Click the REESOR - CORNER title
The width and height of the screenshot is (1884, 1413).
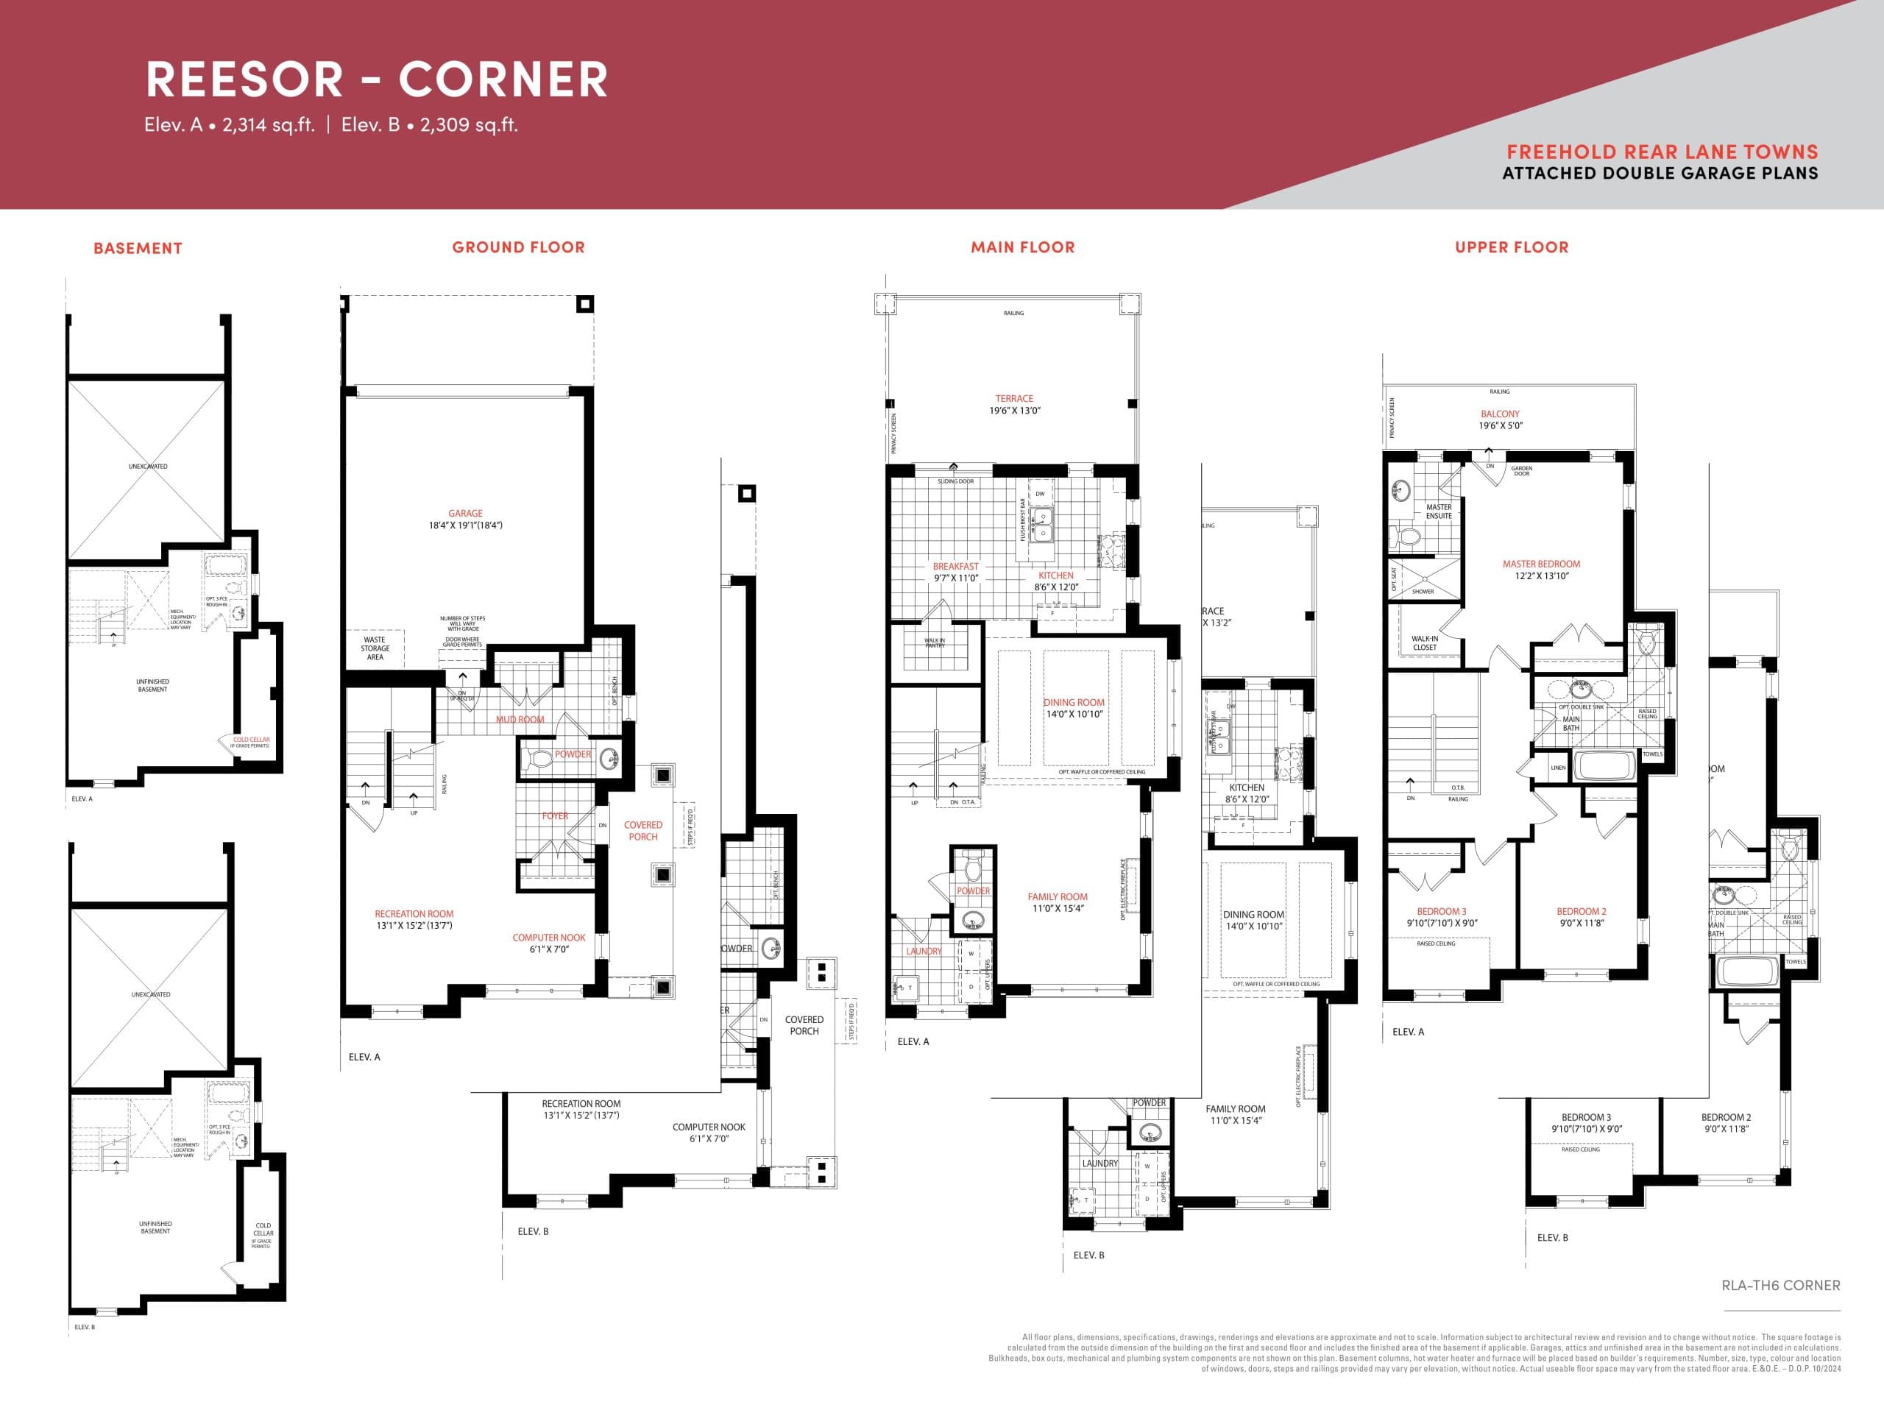tap(377, 79)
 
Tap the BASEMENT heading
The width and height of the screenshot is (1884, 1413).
tap(138, 249)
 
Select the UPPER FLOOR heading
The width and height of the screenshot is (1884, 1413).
tap(1511, 248)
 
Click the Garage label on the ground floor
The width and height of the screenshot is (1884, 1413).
tap(465, 514)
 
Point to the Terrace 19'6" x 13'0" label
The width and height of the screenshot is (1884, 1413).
tap(1013, 404)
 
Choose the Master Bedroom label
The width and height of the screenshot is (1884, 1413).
tap(1541, 564)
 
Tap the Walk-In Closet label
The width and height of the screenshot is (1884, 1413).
tap(1424, 643)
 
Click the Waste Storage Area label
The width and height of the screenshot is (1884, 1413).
tap(375, 648)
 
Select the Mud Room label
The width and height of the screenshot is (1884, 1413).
tap(520, 720)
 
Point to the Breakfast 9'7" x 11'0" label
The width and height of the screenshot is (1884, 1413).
tap(956, 572)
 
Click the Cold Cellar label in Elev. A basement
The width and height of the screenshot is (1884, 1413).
tap(251, 740)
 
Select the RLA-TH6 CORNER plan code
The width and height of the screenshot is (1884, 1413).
tap(1780, 1285)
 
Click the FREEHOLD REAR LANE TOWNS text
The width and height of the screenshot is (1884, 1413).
tap(1662, 152)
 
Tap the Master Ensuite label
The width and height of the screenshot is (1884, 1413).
tap(1439, 511)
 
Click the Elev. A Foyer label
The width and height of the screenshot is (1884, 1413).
tap(554, 816)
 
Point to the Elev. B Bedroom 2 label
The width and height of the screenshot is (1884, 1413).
tap(1726, 1122)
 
